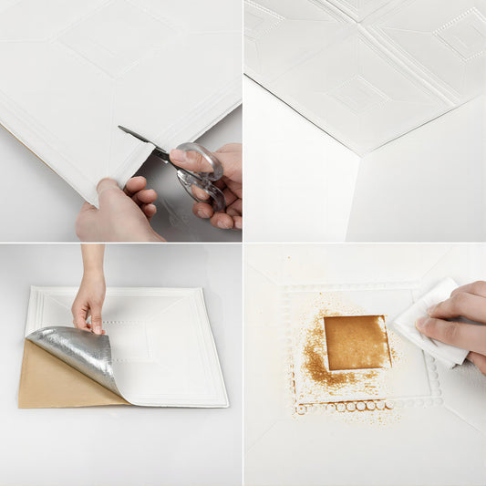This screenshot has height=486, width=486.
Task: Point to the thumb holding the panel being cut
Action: click(109, 189)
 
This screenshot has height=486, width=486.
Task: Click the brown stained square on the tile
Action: click(356, 342)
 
